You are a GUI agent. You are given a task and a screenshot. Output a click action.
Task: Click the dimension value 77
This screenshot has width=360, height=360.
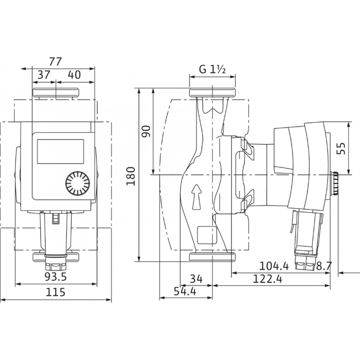(x=55, y=62)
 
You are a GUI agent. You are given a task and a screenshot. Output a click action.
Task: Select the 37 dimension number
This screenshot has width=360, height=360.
(x=44, y=75)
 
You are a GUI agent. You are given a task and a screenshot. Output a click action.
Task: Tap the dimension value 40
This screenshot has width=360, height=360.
(x=75, y=75)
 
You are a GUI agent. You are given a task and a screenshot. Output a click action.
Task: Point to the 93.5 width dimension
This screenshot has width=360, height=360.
(x=55, y=277)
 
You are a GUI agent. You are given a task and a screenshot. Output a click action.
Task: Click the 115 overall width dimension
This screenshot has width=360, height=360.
(x=55, y=292)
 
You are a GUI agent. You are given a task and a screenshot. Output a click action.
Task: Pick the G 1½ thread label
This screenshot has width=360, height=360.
(x=212, y=69)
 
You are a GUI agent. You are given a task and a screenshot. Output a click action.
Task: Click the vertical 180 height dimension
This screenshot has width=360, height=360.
(x=131, y=176)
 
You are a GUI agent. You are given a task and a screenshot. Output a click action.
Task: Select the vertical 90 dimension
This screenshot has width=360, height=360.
(x=146, y=131)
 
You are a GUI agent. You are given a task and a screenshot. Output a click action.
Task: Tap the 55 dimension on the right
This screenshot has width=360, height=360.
(x=341, y=149)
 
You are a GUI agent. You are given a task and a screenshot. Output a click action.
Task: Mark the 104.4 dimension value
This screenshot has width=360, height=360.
(x=274, y=266)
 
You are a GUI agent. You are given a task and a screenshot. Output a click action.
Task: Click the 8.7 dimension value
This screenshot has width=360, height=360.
(x=324, y=266)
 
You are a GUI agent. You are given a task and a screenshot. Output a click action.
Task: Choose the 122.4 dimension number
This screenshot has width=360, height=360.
(x=267, y=279)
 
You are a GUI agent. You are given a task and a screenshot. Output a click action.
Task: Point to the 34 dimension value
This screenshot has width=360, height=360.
(x=196, y=279)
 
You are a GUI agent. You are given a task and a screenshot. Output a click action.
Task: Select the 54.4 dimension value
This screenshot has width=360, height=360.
(x=185, y=291)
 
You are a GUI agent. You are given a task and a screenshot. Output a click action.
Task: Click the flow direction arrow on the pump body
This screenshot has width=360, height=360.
(x=197, y=197)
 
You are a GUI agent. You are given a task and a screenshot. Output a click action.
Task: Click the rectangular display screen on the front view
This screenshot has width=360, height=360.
(x=60, y=151)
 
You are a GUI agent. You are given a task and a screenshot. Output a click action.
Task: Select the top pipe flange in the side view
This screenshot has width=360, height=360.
(x=212, y=92)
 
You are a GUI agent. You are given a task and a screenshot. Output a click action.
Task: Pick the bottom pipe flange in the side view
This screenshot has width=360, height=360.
(x=212, y=257)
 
